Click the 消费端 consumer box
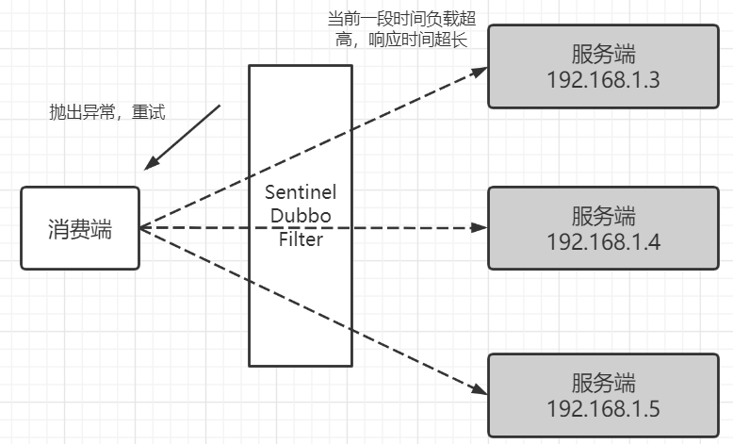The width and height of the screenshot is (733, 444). click(80, 228)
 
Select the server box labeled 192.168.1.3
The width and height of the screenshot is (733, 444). click(603, 66)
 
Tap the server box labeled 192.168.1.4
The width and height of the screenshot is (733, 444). click(603, 228)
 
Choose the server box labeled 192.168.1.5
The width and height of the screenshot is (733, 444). click(603, 395)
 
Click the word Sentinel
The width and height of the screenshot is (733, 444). click(301, 191)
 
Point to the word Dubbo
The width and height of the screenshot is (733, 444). click(301, 216)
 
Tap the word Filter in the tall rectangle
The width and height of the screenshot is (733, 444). click(301, 239)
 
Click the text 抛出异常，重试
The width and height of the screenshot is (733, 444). click(107, 112)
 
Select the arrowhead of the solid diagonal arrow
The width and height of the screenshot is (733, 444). click(152, 163)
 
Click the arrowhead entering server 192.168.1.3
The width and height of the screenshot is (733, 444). click(480, 72)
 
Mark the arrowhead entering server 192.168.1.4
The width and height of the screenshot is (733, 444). click(480, 228)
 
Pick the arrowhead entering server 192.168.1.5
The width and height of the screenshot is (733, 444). click(480, 389)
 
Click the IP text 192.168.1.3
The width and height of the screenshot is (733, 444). click(603, 79)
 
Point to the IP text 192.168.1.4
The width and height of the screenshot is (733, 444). click(603, 242)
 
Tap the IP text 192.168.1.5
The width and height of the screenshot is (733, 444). click(603, 408)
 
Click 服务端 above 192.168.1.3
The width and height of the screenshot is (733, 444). click(603, 54)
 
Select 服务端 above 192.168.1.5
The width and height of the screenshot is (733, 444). click(603, 383)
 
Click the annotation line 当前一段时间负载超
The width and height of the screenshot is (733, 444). click(401, 19)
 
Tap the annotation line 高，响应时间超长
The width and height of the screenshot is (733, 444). click(401, 40)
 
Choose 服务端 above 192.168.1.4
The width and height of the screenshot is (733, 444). click(603, 216)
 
